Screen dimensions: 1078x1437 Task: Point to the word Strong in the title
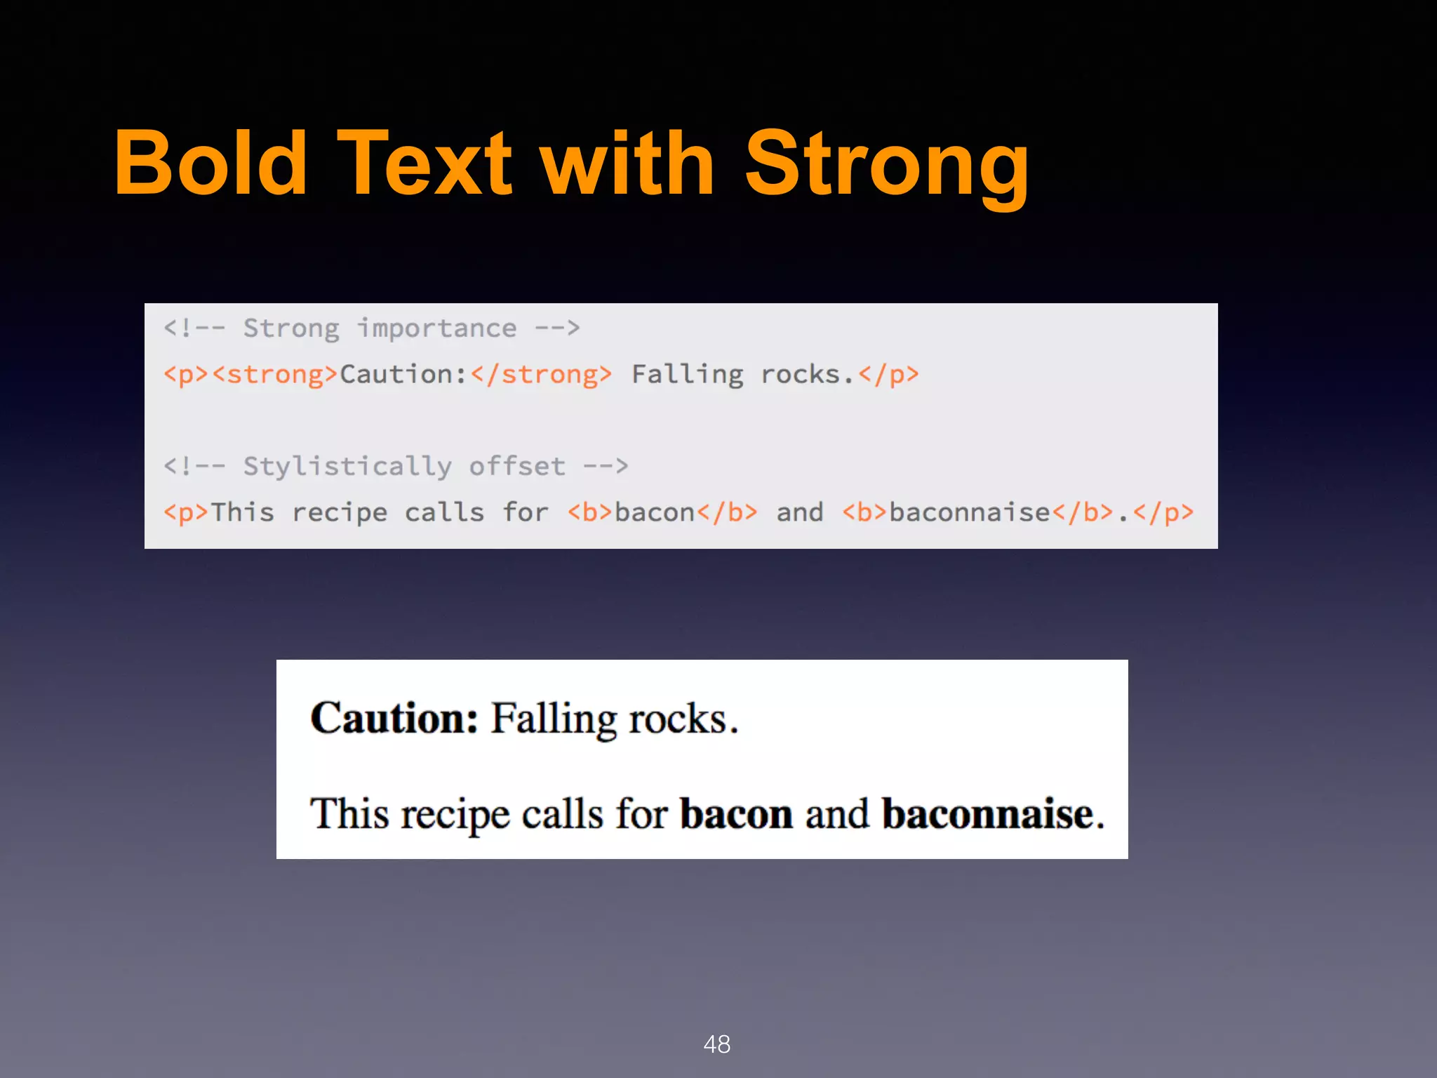click(x=887, y=168)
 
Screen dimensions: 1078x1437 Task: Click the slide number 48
click(x=717, y=1044)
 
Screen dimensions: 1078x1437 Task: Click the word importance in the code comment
click(x=437, y=328)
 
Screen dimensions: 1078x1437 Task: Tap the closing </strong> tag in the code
click(x=541, y=375)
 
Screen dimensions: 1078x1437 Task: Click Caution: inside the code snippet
click(x=403, y=375)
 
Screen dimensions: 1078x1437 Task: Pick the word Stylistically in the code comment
click(x=347, y=467)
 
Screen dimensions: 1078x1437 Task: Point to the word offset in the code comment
click(x=517, y=467)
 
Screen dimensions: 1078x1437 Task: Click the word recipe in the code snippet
click(x=340, y=513)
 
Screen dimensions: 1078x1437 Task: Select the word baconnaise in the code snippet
click(x=969, y=513)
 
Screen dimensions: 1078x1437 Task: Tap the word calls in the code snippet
click(x=444, y=513)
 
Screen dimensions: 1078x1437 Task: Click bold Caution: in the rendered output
click(x=394, y=718)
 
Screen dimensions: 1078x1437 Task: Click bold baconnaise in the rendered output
click(x=988, y=814)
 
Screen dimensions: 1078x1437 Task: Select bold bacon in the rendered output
click(x=736, y=814)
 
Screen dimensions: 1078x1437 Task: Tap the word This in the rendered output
click(x=349, y=814)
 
